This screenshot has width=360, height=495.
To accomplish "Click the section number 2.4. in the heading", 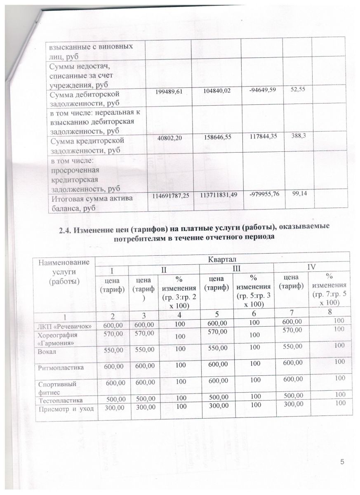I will [68, 226].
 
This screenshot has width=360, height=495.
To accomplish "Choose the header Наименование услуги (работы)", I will [64, 271].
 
